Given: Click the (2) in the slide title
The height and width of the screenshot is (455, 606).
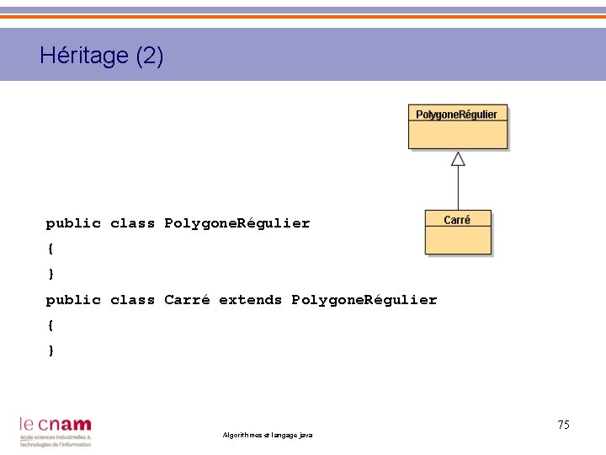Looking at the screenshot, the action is (149, 56).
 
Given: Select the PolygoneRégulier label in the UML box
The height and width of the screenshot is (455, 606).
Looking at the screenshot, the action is (457, 115).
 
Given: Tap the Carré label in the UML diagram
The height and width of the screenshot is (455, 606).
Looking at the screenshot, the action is (457, 220).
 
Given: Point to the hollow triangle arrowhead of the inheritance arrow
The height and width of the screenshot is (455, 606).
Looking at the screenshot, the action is (458, 158).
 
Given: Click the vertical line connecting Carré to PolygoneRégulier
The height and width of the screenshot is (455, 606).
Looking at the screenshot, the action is (458, 188).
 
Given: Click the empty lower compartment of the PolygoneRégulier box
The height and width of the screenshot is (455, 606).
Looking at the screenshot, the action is (458, 135).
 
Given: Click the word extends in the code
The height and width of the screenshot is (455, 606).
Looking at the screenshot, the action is (250, 300).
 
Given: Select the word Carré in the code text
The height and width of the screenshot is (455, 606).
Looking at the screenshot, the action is (187, 300).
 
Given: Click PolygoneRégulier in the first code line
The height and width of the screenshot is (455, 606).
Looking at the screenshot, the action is (237, 223).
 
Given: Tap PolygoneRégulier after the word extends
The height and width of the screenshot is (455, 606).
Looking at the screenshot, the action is (364, 300).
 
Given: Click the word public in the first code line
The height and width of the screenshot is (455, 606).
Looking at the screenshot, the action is (73, 223).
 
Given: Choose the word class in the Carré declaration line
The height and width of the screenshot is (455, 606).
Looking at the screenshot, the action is (132, 300).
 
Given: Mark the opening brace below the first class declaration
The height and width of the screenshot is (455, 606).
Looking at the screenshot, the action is (50, 249).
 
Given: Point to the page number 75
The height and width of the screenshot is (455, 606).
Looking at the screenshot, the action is (563, 425).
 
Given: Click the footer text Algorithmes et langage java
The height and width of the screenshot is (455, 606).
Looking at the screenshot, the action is (267, 435).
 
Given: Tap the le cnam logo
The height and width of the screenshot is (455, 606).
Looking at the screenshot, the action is (56, 431).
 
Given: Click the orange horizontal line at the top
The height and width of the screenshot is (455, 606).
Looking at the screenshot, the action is (303, 17).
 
